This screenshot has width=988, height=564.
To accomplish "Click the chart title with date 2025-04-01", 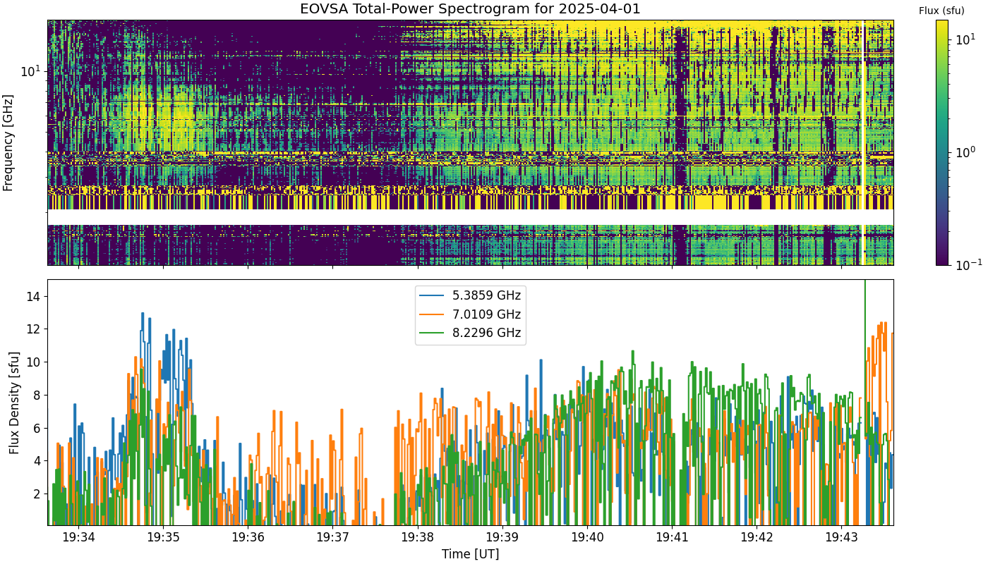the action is coord(470,8).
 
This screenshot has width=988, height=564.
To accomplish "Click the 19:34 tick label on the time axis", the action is coord(79,537).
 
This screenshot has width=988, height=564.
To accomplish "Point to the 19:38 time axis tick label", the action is coord(418,537).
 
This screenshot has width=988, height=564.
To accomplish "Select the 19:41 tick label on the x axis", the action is coord(672,537).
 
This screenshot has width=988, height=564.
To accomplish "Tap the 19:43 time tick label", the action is coord(841,537).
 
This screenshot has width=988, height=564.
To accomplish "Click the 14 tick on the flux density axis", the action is coord(33,297).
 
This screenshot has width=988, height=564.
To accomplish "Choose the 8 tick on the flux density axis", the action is coord(37,396).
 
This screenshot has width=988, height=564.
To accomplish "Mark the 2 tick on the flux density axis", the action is coord(37,494).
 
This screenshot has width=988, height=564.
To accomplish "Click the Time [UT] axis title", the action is coord(470,554).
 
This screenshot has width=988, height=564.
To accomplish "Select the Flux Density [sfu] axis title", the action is coord(14,403).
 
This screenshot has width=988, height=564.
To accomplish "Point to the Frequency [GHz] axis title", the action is coord(8,142).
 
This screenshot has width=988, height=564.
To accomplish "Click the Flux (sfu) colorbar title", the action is coord(941,11).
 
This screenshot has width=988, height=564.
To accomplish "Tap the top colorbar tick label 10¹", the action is coord(965,39).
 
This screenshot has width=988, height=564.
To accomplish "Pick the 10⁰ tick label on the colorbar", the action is coord(965,152).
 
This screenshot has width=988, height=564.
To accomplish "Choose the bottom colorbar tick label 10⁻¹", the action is coord(968,264).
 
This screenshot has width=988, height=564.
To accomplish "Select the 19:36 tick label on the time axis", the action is coord(248,537).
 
